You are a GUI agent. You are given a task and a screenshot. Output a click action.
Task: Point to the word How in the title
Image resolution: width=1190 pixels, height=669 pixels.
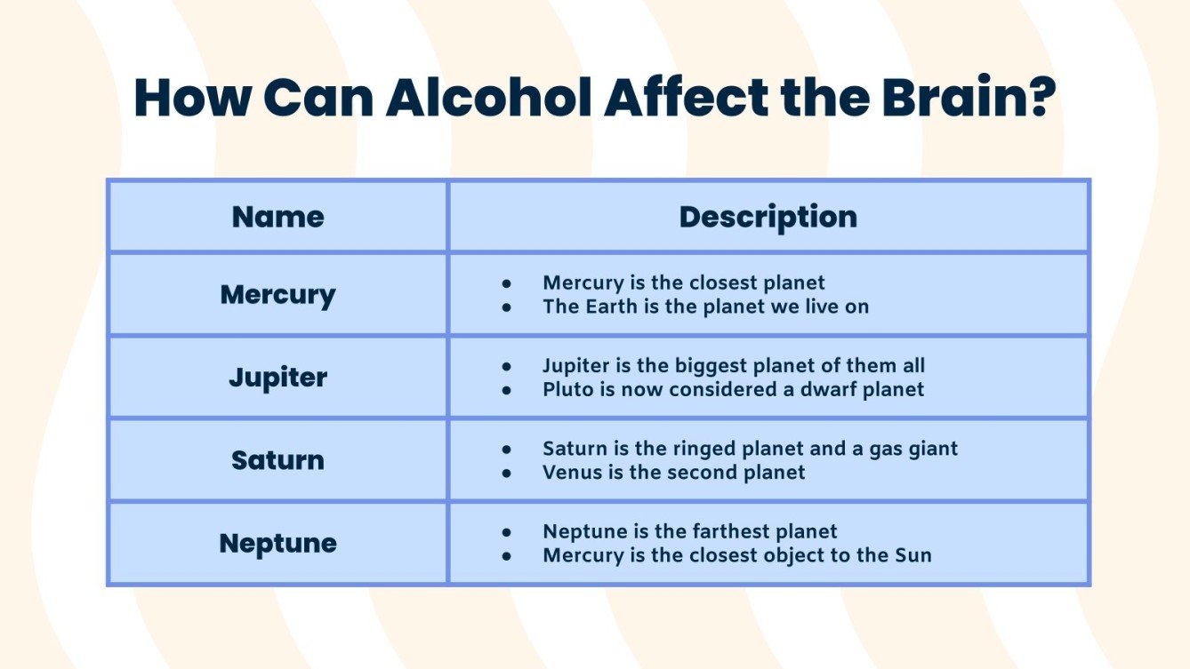(x=189, y=98)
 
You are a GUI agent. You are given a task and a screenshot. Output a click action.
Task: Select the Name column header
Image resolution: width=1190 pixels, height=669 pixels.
(x=277, y=217)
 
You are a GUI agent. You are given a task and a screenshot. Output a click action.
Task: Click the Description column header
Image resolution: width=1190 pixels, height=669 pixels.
(x=768, y=217)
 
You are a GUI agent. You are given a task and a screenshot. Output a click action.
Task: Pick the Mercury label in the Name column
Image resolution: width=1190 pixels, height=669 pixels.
(x=277, y=294)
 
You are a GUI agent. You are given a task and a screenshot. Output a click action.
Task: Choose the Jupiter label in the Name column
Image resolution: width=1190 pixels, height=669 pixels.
(x=277, y=377)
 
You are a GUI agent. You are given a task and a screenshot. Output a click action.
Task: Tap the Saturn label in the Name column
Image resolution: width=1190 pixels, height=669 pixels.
(x=277, y=460)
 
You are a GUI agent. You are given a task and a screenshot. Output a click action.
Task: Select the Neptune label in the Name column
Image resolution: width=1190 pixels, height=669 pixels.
(x=277, y=543)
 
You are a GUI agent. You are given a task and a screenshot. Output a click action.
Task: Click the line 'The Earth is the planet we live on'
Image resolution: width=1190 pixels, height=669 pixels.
(x=705, y=307)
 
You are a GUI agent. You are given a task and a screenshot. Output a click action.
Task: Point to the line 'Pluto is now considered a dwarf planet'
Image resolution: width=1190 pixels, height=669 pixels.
(x=733, y=389)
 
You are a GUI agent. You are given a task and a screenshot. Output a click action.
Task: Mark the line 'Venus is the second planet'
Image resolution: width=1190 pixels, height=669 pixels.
(x=673, y=472)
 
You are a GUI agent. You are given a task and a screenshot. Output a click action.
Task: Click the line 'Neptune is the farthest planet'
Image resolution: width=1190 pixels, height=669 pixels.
(x=689, y=531)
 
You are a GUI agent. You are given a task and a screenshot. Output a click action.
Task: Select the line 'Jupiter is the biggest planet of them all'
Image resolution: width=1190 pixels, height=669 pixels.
(x=733, y=365)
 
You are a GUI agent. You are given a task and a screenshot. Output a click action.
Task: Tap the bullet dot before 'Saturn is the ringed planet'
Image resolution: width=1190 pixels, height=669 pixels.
(x=507, y=450)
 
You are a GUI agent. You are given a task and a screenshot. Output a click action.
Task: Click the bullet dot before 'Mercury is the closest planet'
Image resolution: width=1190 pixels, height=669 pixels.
(x=507, y=283)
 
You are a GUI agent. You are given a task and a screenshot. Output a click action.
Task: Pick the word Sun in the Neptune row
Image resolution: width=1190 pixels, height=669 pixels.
(x=913, y=555)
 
